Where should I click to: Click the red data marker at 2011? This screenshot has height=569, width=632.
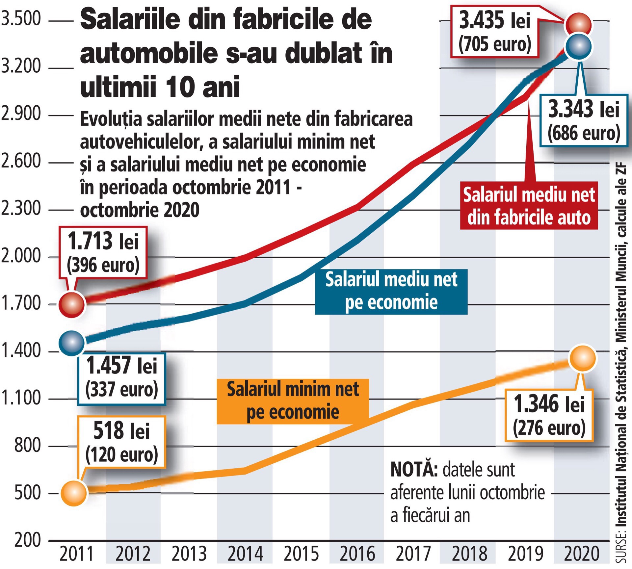pos(72,304)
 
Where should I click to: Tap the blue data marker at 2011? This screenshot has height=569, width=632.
pos(71,343)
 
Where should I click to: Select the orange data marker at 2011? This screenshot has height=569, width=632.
pos(74,493)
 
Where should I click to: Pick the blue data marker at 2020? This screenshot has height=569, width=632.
pos(578,46)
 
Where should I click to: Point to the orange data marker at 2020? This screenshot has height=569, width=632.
pos(583,358)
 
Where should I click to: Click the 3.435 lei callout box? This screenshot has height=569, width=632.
pos(495,32)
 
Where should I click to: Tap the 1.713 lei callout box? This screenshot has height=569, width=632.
pos(103,253)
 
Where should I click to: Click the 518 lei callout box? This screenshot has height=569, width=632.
pos(121,442)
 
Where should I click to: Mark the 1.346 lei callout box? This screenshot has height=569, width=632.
pos(549,415)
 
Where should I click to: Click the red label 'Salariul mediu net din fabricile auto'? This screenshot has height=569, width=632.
pos(529,206)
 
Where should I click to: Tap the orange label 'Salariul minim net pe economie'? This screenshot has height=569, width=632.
pos(293,401)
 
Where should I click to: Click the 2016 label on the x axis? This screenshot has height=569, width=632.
pos(357,554)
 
